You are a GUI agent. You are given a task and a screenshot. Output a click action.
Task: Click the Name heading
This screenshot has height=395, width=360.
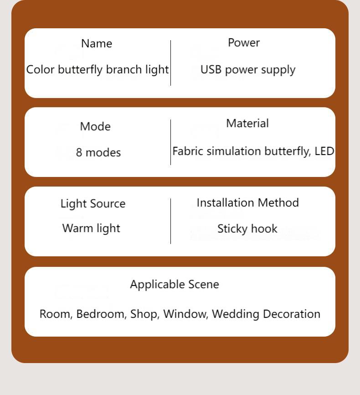pos(97,44)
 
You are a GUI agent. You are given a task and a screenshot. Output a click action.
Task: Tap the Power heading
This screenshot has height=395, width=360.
pos(244,42)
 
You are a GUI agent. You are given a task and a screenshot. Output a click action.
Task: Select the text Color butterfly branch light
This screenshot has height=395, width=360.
pos(98,70)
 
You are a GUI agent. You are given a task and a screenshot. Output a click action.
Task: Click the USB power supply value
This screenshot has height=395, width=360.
pos(248,70)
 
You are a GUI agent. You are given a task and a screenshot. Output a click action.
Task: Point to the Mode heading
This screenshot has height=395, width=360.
pos(95,126)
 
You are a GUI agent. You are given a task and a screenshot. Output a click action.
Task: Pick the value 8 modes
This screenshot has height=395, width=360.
pos(98,152)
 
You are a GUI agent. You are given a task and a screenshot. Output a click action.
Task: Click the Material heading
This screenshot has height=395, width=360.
pos(247,124)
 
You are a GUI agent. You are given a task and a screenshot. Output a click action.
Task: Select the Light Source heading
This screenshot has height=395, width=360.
pos(93,203)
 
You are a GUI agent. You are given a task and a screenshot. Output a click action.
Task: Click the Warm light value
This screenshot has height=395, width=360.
pos(91,229)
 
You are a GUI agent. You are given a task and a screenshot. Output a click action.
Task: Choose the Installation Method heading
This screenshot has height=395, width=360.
pos(248,203)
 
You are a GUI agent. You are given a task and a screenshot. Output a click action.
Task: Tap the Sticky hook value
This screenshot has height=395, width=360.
pos(247,229)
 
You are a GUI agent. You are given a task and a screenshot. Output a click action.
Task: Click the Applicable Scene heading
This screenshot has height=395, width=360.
pos(175,285)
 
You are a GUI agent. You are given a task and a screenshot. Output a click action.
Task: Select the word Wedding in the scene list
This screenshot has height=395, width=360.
pos(236,314)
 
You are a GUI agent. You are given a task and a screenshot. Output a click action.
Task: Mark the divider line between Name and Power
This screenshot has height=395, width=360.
pos(171,63)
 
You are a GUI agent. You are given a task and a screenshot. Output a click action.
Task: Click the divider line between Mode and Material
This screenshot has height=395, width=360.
pos(171,142)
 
